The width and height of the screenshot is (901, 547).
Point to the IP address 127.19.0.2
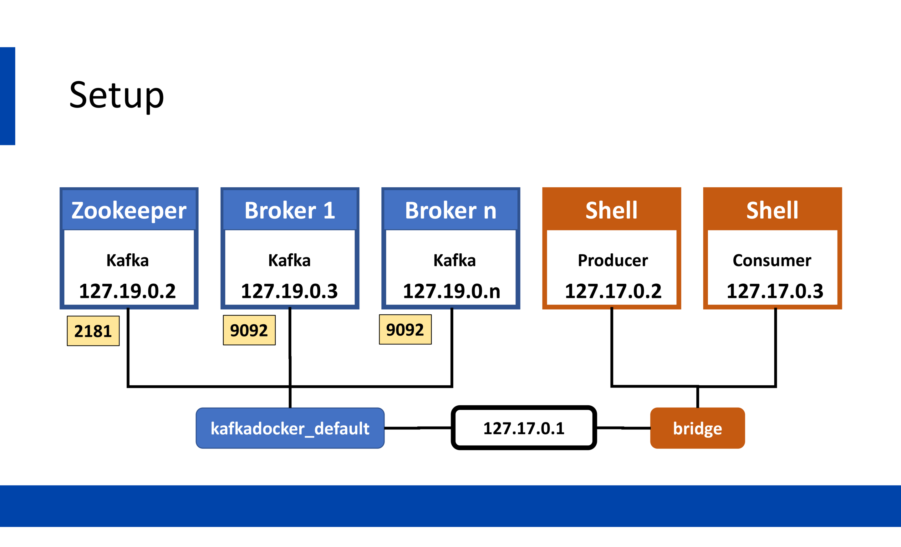[x=128, y=291]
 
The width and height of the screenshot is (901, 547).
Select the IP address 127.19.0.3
[x=289, y=291]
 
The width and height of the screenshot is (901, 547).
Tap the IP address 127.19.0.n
[x=452, y=291]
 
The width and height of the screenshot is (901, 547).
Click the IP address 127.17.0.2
[x=613, y=291]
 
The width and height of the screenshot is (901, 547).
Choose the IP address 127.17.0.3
[x=775, y=291]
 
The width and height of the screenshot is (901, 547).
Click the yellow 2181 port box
[x=93, y=331]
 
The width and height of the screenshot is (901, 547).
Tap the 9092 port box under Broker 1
[x=249, y=330]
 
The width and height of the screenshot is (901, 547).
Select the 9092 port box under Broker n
[x=405, y=329]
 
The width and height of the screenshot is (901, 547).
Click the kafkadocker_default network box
[x=290, y=428]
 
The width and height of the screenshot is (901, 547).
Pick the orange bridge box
[x=698, y=428]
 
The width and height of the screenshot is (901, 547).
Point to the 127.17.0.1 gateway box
[x=524, y=428]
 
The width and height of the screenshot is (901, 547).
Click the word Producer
[x=613, y=260]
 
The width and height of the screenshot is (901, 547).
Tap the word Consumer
[x=772, y=260]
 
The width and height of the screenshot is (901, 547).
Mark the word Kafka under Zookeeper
[x=128, y=260]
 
